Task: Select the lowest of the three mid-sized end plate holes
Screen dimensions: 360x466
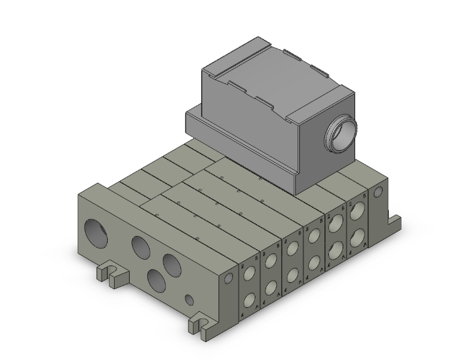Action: tap(155, 277)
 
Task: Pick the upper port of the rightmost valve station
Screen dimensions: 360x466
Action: tap(358, 213)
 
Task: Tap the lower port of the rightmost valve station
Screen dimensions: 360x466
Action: tap(358, 237)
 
